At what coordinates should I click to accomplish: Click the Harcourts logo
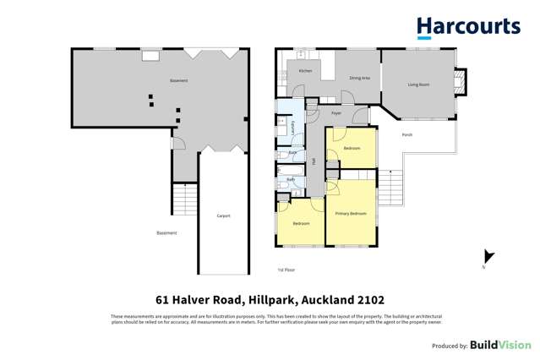(468, 27)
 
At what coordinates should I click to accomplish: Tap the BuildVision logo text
(500, 345)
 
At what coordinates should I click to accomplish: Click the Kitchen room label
(305, 71)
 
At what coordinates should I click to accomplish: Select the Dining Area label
(359, 78)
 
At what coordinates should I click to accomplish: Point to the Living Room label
(418, 85)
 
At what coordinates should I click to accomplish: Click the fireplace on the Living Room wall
(460, 82)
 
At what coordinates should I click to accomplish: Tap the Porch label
(407, 134)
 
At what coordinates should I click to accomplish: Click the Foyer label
(336, 112)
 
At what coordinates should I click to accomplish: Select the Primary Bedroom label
(351, 214)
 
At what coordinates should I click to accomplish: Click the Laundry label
(292, 128)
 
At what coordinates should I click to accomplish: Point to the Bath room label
(291, 180)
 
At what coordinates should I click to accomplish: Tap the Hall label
(313, 161)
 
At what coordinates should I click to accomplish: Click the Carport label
(223, 215)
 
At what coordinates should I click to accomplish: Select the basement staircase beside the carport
(184, 199)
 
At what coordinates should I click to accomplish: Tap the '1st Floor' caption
(286, 270)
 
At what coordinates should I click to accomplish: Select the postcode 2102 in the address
(370, 300)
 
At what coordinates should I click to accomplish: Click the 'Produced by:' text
(450, 346)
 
